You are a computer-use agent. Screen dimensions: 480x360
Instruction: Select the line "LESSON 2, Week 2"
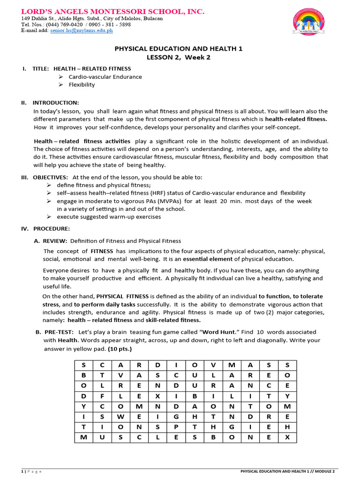[x=179, y=57]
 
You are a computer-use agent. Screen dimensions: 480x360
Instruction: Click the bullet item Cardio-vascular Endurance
[x=105, y=76]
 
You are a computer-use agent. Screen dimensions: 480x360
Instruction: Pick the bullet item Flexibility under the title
[x=82, y=84]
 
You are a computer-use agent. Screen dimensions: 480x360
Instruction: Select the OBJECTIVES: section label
[x=50, y=177]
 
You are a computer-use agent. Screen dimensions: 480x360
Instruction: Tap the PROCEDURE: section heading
[x=51, y=229]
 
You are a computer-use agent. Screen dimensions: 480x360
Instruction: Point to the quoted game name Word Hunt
[x=218, y=332]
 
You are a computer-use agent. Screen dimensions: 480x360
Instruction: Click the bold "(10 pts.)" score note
[x=120, y=349]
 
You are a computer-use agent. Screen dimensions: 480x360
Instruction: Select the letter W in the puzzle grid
[x=120, y=416]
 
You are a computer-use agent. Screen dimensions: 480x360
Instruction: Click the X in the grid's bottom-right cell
[x=287, y=437]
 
